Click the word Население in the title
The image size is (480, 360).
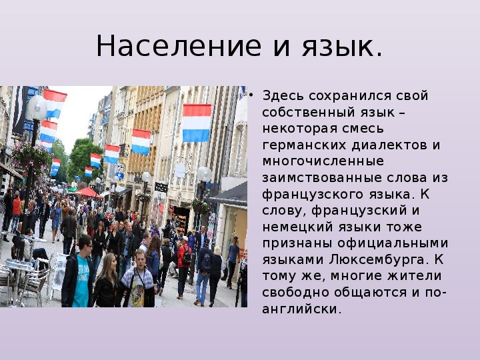point(179,46)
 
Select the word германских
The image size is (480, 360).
point(304,145)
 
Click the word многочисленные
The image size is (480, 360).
point(323,161)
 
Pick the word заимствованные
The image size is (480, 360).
point(321,178)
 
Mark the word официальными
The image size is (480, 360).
point(393,244)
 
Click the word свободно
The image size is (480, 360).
point(295,293)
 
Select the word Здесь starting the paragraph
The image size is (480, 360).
point(283,95)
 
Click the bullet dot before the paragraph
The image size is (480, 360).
point(251,96)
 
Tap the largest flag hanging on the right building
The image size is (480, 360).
point(197,123)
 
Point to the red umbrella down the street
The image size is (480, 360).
point(87,193)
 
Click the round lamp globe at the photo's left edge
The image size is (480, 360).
point(37,108)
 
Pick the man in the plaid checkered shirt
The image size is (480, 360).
point(138,279)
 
